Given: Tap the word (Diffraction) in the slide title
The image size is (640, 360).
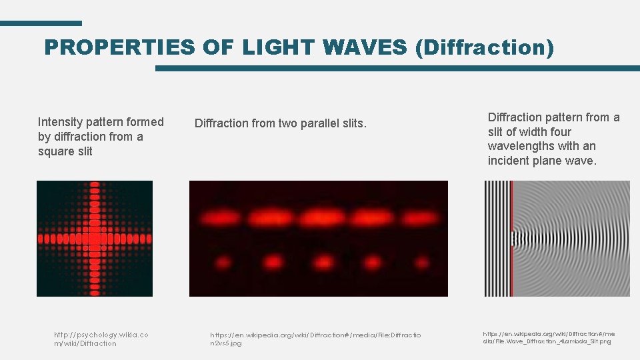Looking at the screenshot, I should point(484,47).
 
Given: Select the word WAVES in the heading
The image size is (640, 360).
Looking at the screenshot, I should point(364,47).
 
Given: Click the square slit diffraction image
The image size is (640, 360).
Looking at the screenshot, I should point(95,239).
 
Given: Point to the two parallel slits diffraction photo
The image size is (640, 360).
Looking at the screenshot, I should point(319,239).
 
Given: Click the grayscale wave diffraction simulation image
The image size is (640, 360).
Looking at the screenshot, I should point(557,239).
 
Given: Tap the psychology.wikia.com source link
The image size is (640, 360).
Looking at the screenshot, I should point(101,339).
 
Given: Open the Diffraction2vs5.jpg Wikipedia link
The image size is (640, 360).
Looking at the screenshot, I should point(315,339).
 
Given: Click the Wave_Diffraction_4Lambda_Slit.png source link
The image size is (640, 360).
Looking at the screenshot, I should point(549,337).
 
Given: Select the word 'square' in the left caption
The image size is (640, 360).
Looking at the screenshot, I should point(56,151).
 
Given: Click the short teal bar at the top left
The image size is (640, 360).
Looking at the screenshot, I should point(41,23).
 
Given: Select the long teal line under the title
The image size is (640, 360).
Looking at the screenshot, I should point(397,68).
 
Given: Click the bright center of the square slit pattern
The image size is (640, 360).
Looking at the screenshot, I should point(95,238).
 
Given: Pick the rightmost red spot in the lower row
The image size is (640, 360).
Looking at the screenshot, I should point(421,262).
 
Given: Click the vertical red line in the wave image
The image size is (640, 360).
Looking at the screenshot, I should point(512,239).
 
